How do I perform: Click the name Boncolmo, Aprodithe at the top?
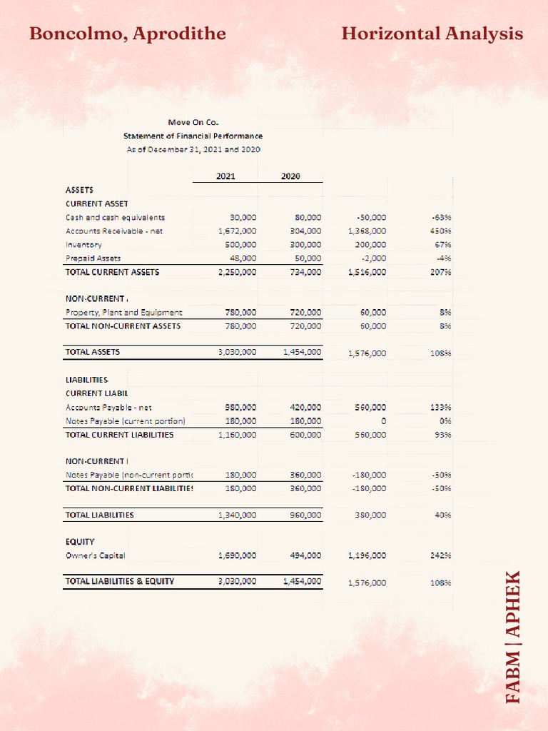128,34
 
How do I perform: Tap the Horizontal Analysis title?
432,34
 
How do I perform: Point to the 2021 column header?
225,176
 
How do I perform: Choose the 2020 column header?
290,176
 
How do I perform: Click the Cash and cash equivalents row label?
115,217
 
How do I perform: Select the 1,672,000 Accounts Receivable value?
237,231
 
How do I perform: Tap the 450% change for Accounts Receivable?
440,231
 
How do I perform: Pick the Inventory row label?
83,244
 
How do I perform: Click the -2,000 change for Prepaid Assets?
375,258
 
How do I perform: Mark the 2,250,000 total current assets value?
237,272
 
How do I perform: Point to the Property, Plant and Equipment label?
123,312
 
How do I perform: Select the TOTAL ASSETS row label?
93,352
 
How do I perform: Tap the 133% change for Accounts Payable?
440,407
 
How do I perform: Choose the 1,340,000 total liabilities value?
237,515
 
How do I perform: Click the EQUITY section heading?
80,542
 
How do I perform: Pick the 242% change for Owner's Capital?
440,555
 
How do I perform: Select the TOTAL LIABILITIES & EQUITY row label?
119,581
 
